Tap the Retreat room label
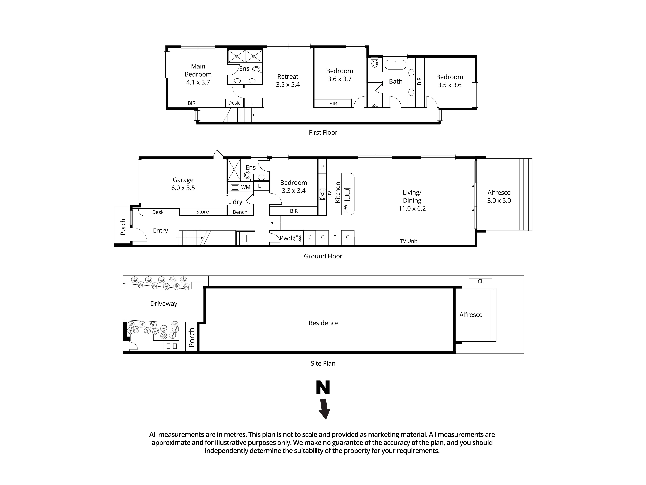288,77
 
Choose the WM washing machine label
246,187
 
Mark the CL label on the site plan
480,281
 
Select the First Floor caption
323,132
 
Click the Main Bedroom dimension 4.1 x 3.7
198,82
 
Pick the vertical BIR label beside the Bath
419,81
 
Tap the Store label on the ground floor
202,212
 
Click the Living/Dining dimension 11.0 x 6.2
412,208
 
